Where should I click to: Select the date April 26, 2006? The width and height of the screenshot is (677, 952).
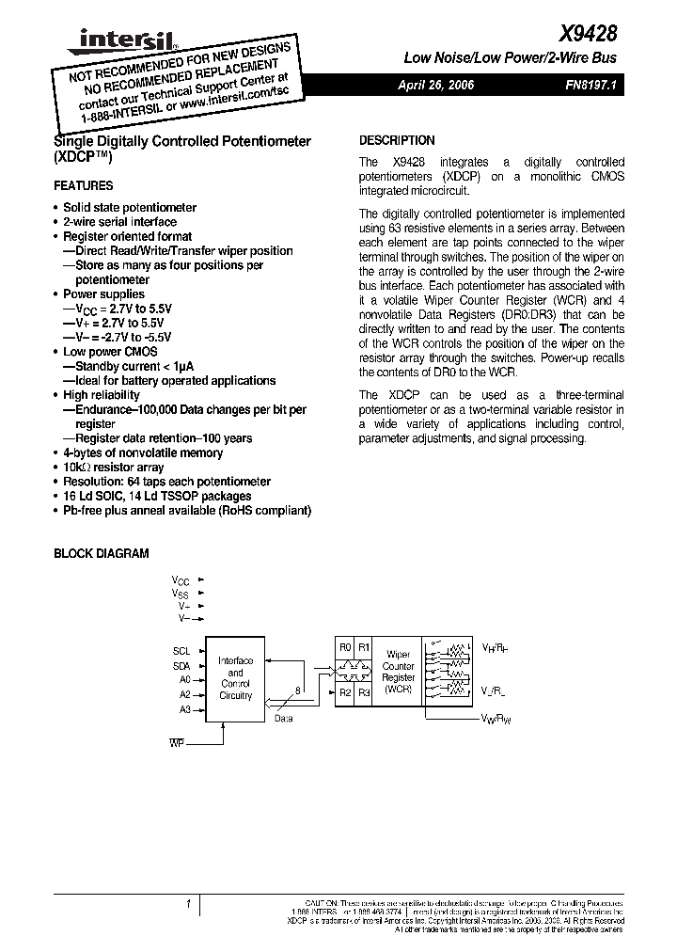(x=436, y=85)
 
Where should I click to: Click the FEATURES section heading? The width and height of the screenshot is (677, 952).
(x=83, y=186)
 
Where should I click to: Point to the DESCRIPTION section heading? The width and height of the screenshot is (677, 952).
(x=397, y=140)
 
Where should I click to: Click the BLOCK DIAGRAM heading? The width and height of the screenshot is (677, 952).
(x=101, y=554)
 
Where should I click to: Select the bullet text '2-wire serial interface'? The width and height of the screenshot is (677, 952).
(x=119, y=222)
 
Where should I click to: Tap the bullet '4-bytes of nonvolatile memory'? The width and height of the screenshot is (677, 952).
(x=142, y=452)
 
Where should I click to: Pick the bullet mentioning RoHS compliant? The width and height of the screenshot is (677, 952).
(x=186, y=510)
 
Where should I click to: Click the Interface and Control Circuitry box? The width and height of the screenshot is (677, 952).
(x=235, y=678)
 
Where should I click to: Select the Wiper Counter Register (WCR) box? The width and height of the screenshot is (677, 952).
(x=398, y=671)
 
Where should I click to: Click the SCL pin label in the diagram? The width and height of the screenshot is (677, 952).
(x=181, y=651)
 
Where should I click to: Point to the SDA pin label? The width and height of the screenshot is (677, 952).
(x=181, y=665)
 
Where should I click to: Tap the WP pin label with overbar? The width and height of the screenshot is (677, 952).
(x=177, y=743)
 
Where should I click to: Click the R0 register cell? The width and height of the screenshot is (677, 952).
(x=345, y=648)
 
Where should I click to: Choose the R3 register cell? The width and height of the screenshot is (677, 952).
(x=364, y=692)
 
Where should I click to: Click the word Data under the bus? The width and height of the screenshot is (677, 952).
(x=283, y=718)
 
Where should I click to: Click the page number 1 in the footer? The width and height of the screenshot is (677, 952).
(x=188, y=905)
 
